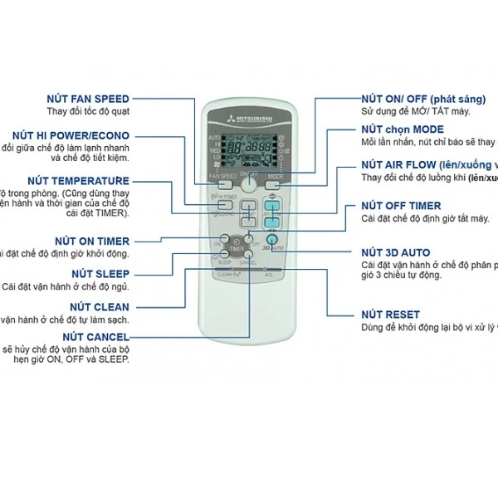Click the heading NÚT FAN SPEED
[x=88, y=100]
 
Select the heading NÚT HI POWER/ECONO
[x=71, y=135]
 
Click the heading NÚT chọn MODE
[x=402, y=129]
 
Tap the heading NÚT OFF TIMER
[x=401, y=206]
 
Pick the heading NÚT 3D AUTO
[x=395, y=252]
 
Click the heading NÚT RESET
[x=390, y=315]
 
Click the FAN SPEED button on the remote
[x=224, y=176]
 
